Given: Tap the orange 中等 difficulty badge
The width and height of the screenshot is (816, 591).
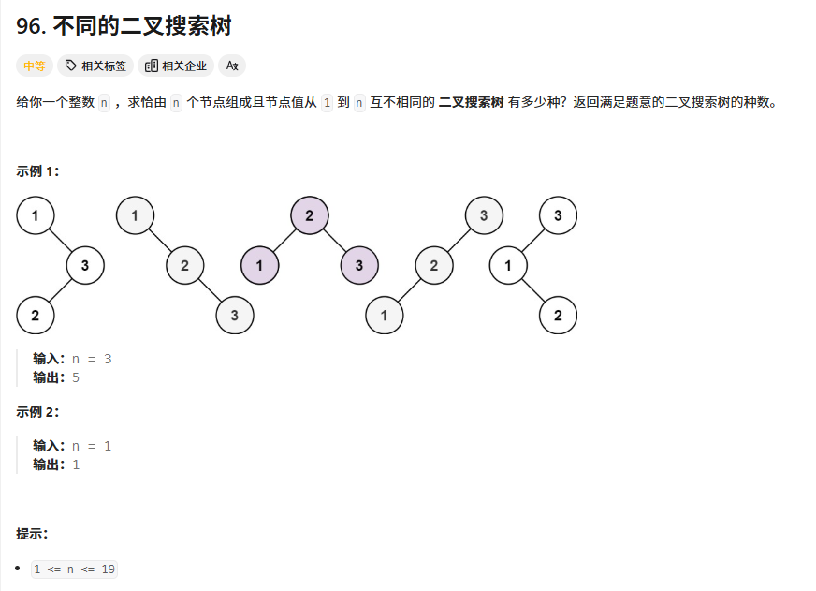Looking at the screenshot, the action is (35, 66).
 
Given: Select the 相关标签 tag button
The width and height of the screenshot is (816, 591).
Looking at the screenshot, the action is (96, 66).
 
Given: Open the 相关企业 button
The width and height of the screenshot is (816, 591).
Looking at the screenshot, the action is (176, 66).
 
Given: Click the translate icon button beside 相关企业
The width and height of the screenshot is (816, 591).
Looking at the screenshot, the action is (232, 66).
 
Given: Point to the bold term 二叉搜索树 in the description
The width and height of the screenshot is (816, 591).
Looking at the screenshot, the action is (472, 102).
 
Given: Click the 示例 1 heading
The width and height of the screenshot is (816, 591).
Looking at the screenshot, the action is (37, 170).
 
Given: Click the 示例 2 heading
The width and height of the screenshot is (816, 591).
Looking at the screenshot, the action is (37, 411).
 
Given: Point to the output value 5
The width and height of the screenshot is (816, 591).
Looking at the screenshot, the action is (76, 377).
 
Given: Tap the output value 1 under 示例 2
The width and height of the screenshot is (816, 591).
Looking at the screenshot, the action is (76, 464).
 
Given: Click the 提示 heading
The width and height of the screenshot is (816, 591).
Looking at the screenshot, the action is (32, 533).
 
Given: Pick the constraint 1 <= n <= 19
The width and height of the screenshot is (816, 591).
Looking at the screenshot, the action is (74, 569).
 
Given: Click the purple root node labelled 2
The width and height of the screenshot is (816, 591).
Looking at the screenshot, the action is (310, 216).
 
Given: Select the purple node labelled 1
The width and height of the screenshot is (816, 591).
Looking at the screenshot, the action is (259, 266).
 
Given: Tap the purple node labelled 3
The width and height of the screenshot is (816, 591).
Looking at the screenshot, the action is (359, 266).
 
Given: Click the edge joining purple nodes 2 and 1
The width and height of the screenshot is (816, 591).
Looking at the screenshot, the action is (284, 241).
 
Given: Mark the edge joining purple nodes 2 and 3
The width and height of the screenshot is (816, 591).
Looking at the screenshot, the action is (334, 241).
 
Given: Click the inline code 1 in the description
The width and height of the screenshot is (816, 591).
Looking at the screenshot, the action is (327, 102).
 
